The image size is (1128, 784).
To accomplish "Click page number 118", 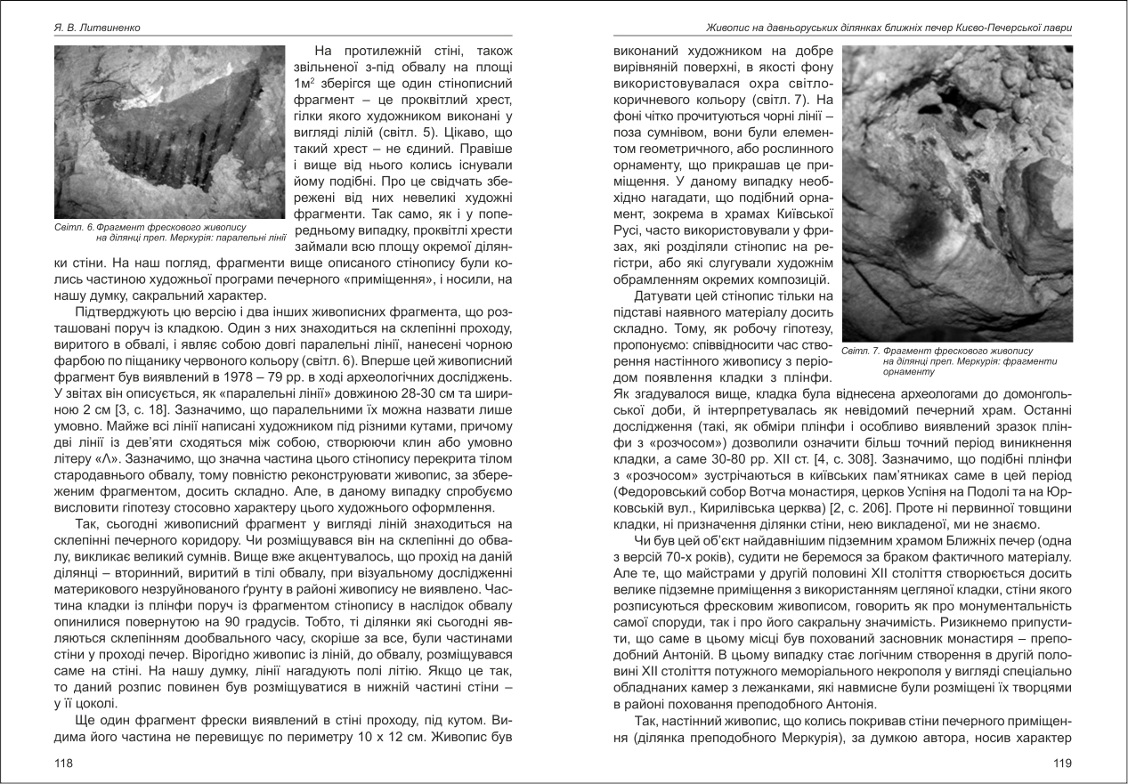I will coord(63,763).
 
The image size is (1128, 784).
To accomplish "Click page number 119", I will coord(1062,763).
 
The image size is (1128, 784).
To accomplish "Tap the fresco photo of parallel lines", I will coord(169,133).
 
